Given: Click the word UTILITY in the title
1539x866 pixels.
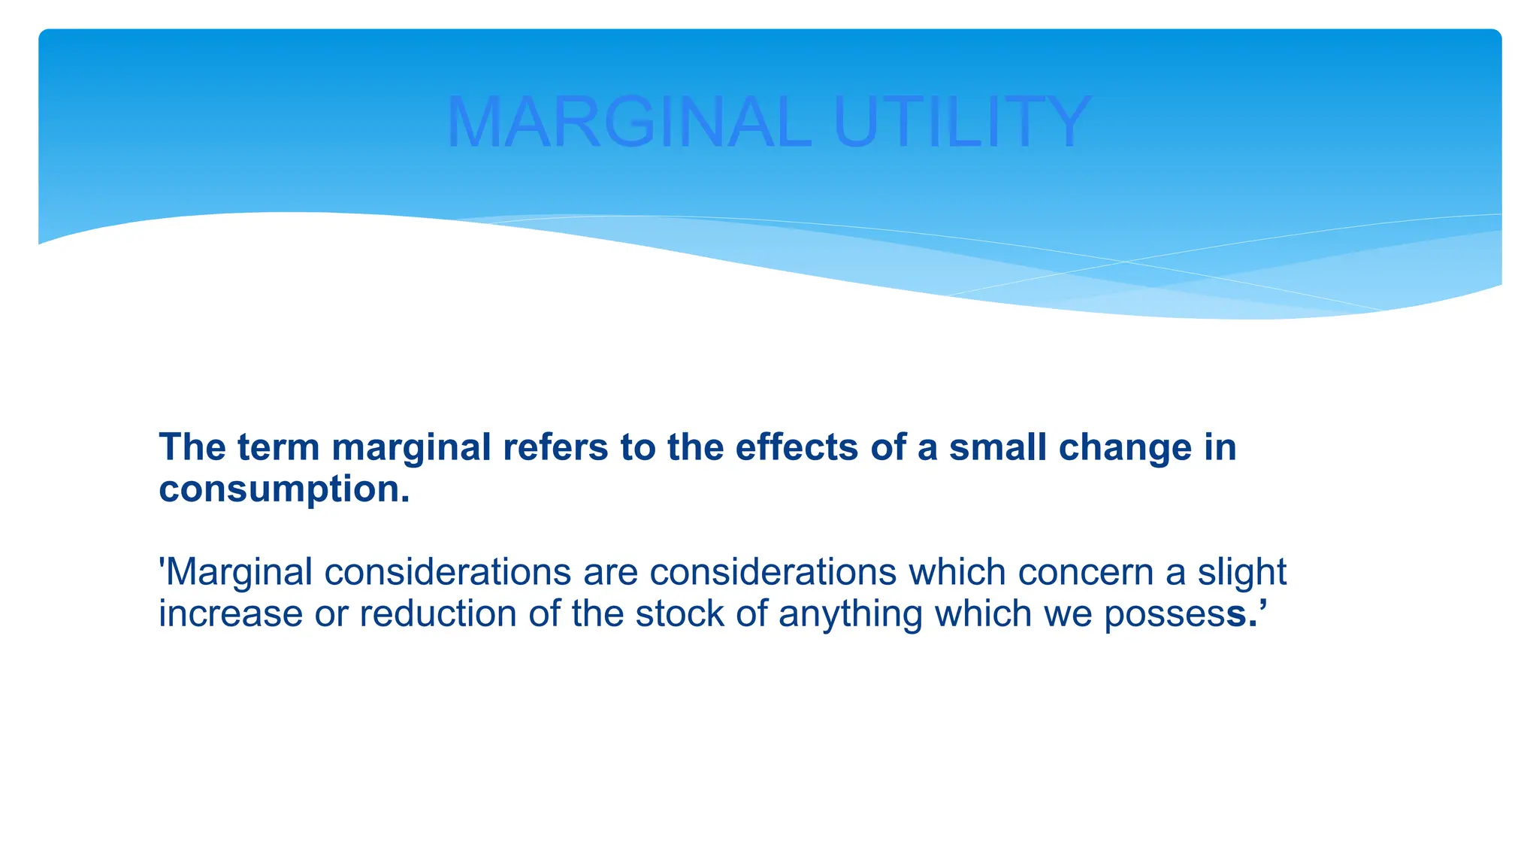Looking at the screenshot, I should (962, 123).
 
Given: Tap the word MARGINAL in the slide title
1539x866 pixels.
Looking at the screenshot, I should (630, 123).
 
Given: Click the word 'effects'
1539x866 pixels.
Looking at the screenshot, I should (797, 448).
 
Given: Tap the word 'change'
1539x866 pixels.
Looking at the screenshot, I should (1125, 448).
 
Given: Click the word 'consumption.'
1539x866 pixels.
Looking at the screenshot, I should (285, 490).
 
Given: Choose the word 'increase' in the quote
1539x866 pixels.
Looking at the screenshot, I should (231, 614).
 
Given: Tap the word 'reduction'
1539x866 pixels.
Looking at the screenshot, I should (438, 614).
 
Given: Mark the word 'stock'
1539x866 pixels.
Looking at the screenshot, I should (680, 614).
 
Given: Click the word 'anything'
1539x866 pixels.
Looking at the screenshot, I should (850, 614).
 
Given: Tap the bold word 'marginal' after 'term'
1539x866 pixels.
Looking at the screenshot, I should (411, 448).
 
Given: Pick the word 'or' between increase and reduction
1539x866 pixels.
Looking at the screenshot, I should (331, 614).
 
